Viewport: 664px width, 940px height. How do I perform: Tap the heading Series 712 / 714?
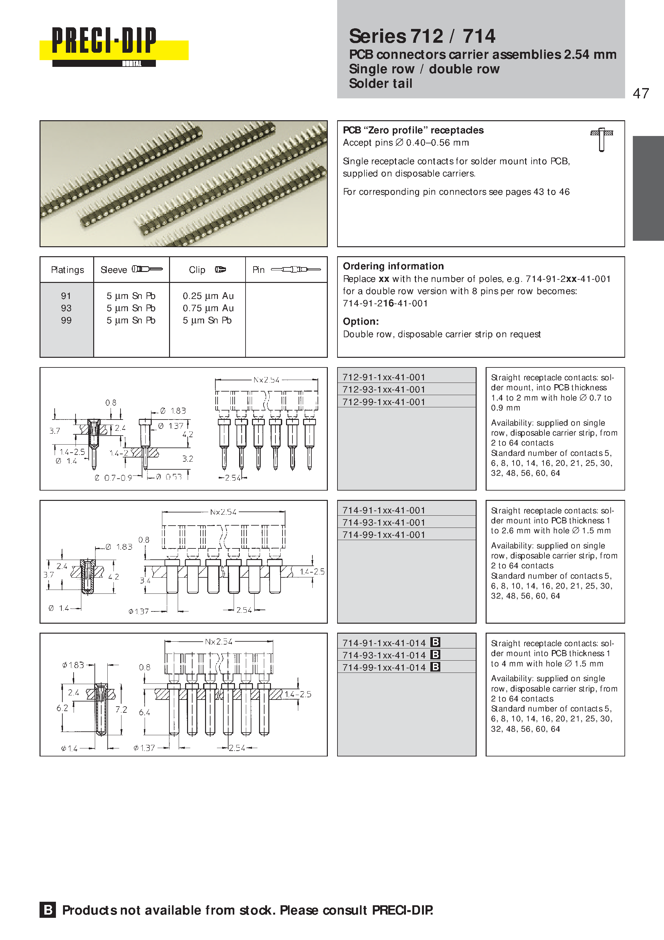pyautogui.click(x=422, y=36)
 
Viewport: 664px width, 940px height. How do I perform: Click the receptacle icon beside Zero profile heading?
pyautogui.click(x=601, y=140)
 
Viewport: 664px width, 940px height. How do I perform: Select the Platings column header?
pyautogui.click(x=67, y=270)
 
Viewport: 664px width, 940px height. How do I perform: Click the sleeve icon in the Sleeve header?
pyautogui.click(x=147, y=269)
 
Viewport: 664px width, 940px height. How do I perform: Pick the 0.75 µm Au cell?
pyautogui.click(x=208, y=308)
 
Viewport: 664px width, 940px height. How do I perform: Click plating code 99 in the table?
pyautogui.click(x=66, y=321)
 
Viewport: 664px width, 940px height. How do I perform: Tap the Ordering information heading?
pyautogui.click(x=393, y=266)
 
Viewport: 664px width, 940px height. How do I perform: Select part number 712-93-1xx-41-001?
pyautogui.click(x=383, y=389)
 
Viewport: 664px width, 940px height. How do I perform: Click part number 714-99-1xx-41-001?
pyautogui.click(x=383, y=535)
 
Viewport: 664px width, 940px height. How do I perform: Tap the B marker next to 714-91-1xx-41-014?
pyautogui.click(x=435, y=642)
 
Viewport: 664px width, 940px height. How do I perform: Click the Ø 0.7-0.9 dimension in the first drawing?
pyautogui.click(x=113, y=478)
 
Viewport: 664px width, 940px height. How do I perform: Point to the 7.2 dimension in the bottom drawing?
pyautogui.click(x=121, y=710)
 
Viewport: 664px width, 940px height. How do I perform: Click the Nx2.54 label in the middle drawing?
pyautogui.click(x=223, y=512)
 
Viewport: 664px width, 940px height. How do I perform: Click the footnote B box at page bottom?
pyautogui.click(x=48, y=910)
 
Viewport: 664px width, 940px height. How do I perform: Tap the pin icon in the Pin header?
pyautogui.click(x=296, y=269)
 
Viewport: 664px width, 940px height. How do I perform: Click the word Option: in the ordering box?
pyautogui.click(x=361, y=321)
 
